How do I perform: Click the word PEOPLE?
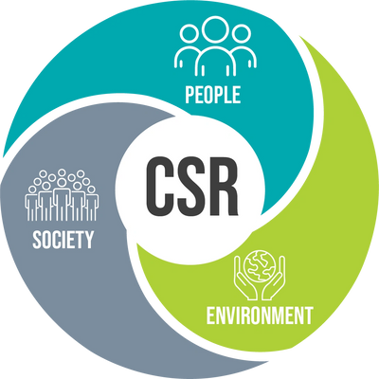[212, 95]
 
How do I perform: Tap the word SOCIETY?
[63, 240]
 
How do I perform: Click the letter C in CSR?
[161, 187]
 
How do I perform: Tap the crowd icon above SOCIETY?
[62, 195]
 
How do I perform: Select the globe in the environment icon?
[260, 266]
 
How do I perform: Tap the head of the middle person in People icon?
[215, 29]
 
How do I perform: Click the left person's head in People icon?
[189, 34]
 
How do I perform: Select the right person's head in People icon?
[242, 34]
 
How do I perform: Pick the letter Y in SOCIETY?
[89, 240]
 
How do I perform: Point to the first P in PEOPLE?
[189, 95]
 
